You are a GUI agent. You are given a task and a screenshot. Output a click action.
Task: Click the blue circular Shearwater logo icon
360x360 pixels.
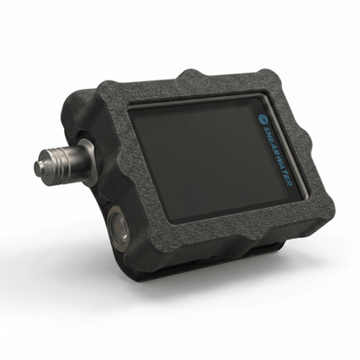click(x=263, y=119)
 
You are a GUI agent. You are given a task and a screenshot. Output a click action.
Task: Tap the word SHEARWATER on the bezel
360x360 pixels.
click(x=278, y=155)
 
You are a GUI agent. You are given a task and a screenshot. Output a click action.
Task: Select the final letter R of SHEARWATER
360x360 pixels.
click(x=290, y=183)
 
